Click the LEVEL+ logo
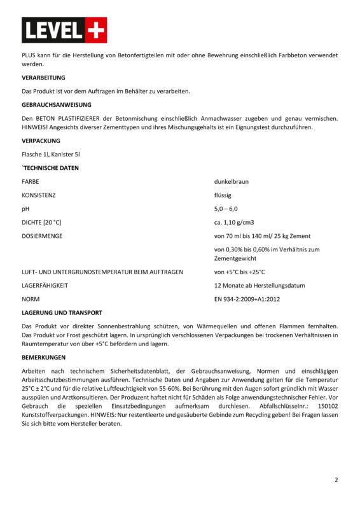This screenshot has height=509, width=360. coord(64,30)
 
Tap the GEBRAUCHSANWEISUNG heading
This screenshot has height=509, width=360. coord(57,104)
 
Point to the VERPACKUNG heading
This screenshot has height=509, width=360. coord(41,141)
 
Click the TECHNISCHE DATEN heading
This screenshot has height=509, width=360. coord(51,168)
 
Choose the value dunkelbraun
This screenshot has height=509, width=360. coord(232,181)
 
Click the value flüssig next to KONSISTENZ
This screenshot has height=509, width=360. coord(223,195)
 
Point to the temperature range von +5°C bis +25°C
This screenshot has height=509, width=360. coord(240,272)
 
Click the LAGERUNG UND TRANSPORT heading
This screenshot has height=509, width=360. coord(62,312)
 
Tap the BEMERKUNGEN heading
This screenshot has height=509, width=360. coord(43,358)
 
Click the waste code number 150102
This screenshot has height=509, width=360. coord(328,405)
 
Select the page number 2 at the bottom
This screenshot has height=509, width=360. coord(336,480)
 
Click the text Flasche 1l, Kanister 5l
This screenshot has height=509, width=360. coord(50,155)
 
